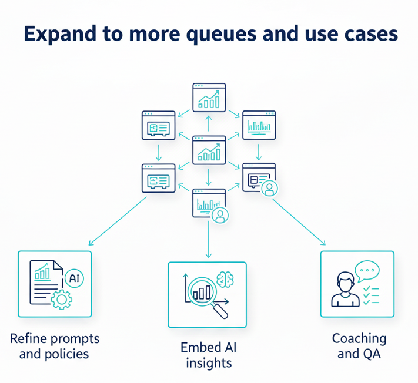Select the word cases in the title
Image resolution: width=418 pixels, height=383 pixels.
[368, 35]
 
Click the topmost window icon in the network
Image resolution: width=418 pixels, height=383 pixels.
[209, 98]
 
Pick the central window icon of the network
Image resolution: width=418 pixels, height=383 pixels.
[209, 150]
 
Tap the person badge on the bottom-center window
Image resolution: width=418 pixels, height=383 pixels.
[220, 215]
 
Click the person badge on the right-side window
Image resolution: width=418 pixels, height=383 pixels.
[270, 188]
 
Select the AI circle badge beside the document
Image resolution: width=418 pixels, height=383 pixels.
[74, 278]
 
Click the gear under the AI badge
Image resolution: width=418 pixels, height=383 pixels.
[60, 300]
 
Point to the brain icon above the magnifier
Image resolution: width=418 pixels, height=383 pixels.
[225, 280]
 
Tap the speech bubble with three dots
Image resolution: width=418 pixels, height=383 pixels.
[367, 271]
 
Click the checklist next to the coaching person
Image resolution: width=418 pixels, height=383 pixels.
[370, 295]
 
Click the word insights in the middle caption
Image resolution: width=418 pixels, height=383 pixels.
[209, 363]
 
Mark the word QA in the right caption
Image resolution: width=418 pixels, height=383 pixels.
[371, 354]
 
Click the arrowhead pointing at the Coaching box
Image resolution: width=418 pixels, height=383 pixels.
[323, 243]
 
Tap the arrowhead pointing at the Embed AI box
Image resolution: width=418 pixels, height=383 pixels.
[209, 255]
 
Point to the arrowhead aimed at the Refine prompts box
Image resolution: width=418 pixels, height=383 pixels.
[90, 243]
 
